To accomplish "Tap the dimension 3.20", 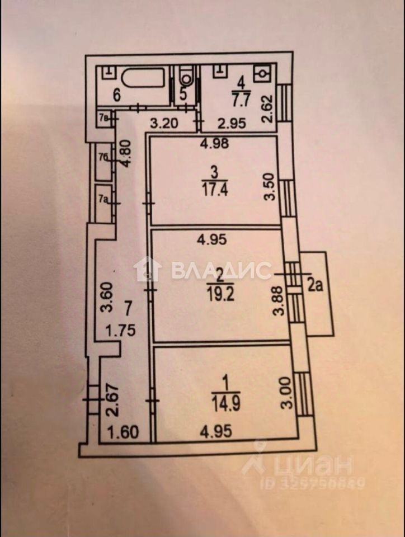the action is (x=161, y=124).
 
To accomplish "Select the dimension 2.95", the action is (x=232, y=124).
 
